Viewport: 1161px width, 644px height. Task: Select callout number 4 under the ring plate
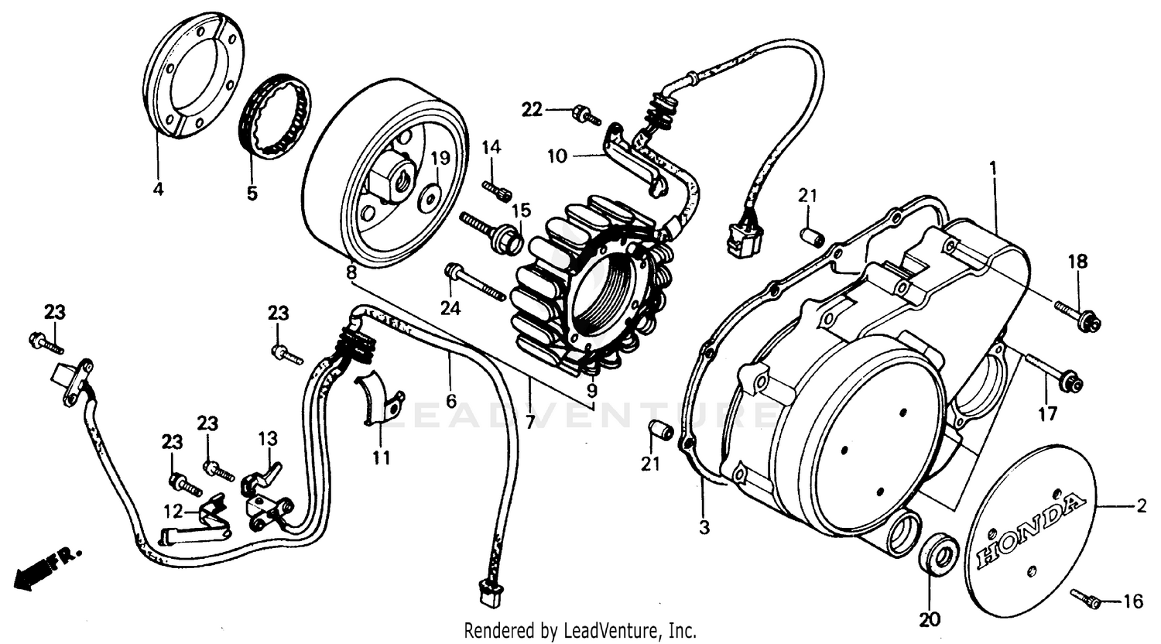point(158,188)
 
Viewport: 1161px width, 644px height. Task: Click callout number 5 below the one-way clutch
point(252,194)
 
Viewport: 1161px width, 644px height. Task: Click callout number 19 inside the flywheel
point(440,159)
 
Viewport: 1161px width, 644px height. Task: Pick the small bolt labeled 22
point(586,117)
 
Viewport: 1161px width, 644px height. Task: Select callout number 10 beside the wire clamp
point(557,156)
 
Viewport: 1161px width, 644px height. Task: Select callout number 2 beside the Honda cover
point(1140,508)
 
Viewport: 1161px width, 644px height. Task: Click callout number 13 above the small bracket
point(267,439)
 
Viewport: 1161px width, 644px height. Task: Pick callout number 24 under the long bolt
point(450,309)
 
